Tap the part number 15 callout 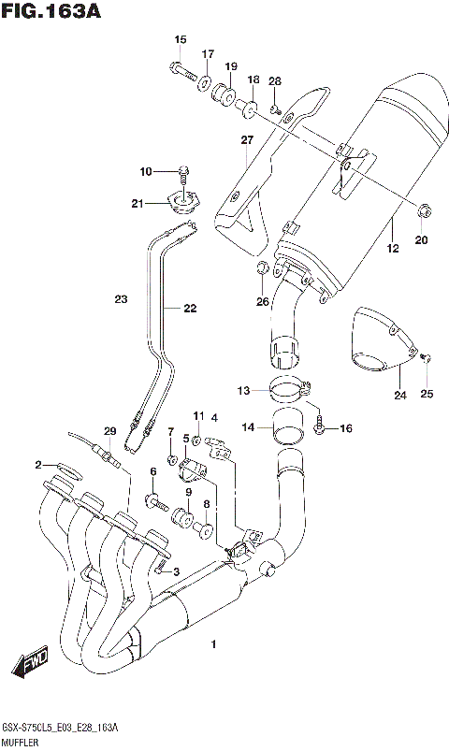pos(181,39)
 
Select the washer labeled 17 pos(204,86)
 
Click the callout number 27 pos(246,140)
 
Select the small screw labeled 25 pos(427,356)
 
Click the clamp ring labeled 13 pos(289,384)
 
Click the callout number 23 pos(121,299)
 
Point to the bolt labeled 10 pos(183,171)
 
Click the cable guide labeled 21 pos(181,203)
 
